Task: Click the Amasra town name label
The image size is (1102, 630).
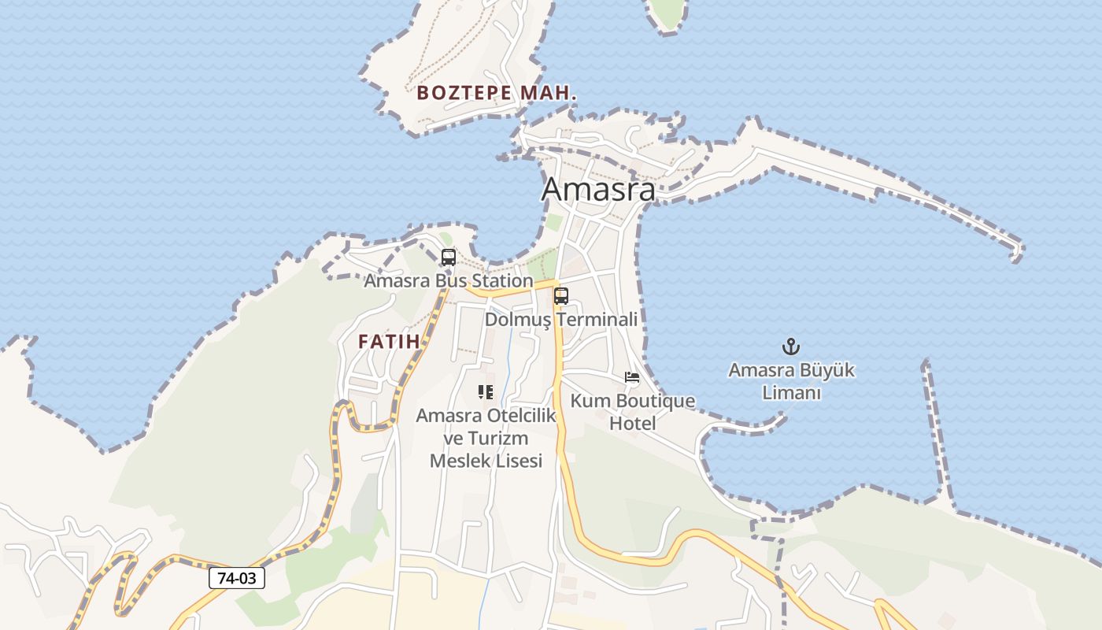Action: [x=598, y=190]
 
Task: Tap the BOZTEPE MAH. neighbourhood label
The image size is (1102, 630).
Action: [x=497, y=93]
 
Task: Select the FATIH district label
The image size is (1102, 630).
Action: [x=389, y=342]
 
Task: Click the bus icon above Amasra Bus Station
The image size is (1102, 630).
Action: [x=448, y=258]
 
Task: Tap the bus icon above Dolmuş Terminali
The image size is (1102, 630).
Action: [x=561, y=296]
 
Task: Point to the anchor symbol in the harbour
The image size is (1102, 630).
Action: [x=790, y=346]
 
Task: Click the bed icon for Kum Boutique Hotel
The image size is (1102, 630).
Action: [x=632, y=377]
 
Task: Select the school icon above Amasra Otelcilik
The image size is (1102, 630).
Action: [x=486, y=391]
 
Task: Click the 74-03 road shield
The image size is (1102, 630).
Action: [x=237, y=578]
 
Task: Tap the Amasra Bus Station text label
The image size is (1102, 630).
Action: [x=448, y=280]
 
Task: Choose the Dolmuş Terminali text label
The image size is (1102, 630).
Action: [x=561, y=319]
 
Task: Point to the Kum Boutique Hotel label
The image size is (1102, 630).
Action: [x=633, y=412]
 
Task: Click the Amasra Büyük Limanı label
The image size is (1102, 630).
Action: [x=791, y=381]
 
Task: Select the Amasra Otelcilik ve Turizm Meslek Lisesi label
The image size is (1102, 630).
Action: [x=486, y=438]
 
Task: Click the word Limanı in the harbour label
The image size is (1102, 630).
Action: [x=791, y=393]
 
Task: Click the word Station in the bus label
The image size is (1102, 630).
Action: [x=501, y=280]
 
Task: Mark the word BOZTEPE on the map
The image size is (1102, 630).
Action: [x=464, y=93]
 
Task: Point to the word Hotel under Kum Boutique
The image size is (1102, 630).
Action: [x=633, y=424]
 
